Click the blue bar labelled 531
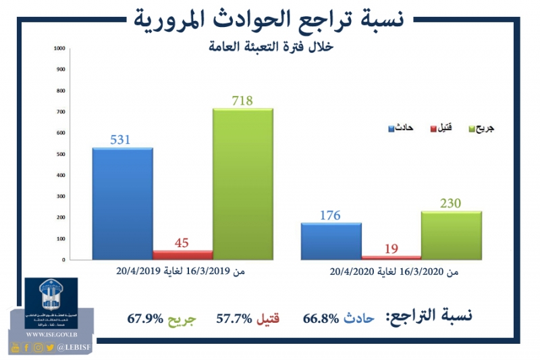tap(122, 203)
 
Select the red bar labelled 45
tap(182, 255)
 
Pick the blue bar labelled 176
tap(331, 241)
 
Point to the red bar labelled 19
tap(391, 257)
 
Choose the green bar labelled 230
tap(451, 235)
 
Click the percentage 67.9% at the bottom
tap(144, 317)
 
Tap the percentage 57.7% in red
tap(233, 317)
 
